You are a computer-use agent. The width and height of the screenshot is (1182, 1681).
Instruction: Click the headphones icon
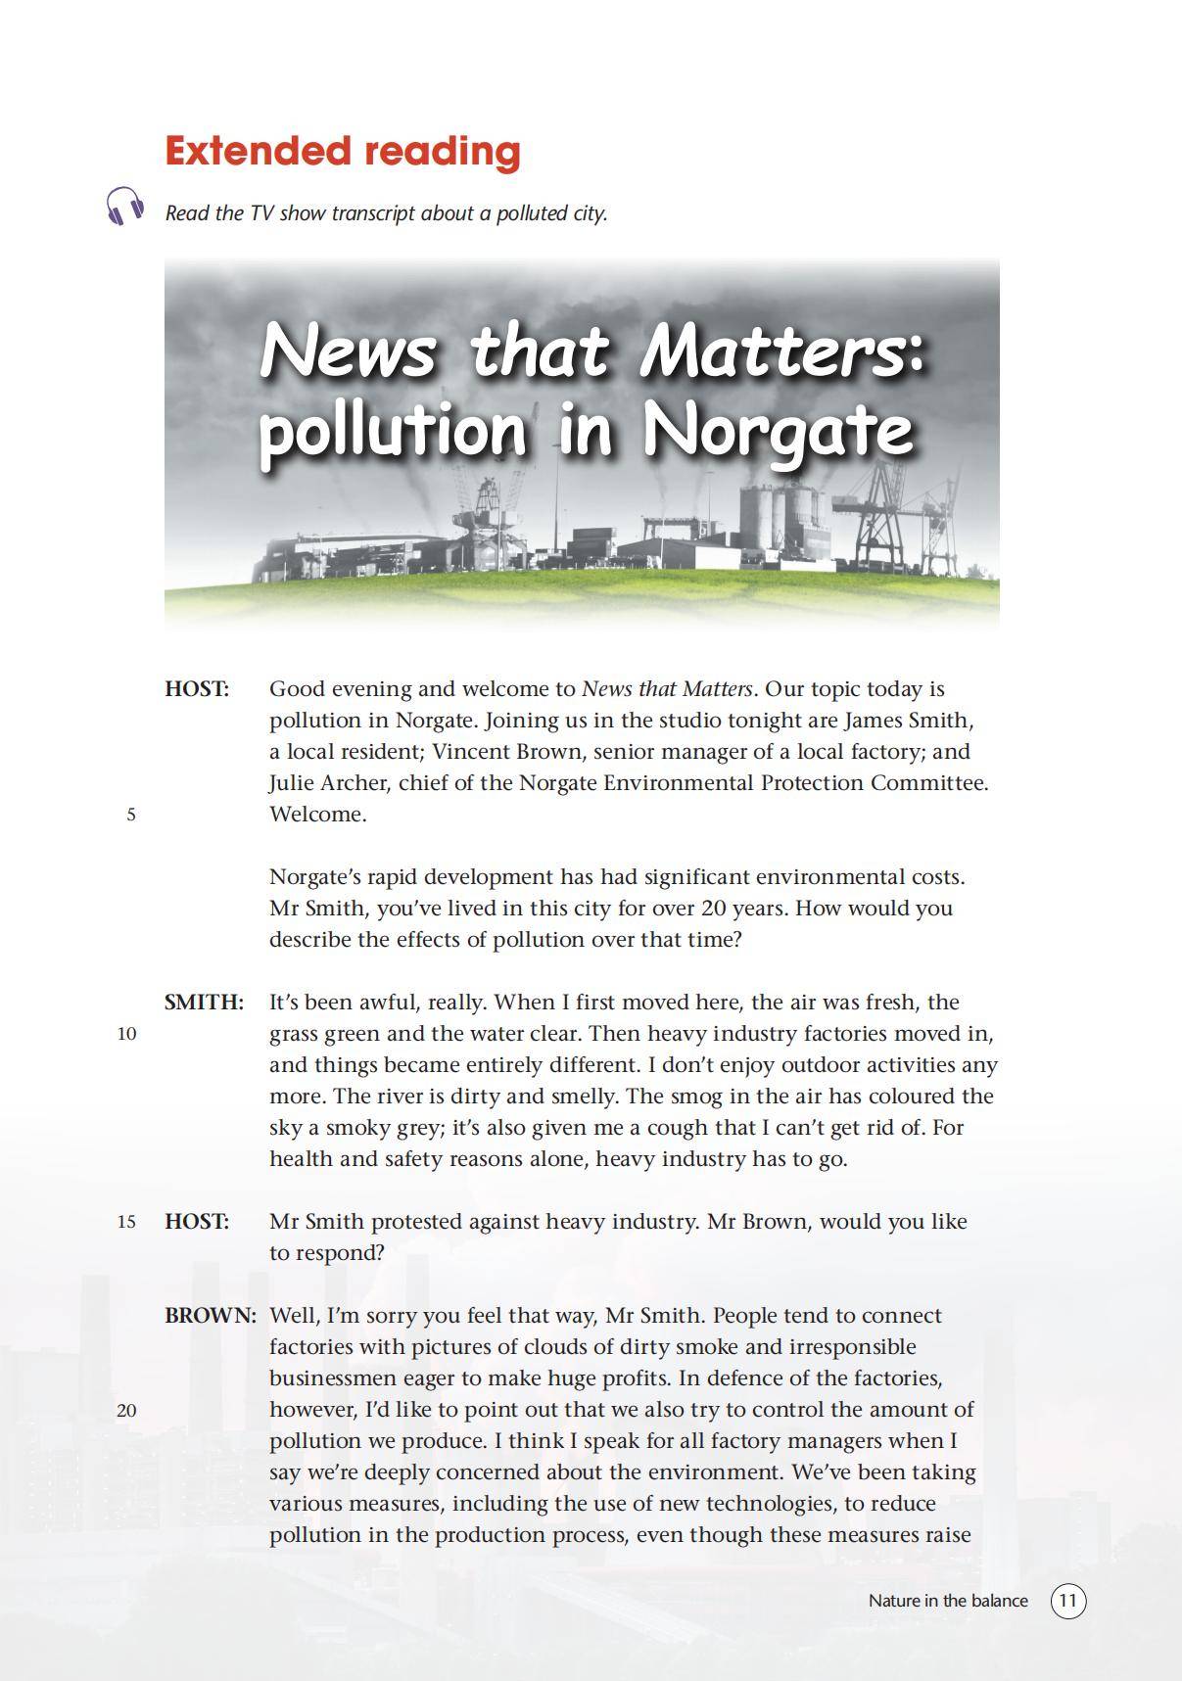tap(125, 207)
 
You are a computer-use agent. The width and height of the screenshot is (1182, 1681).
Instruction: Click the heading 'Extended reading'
tap(342, 151)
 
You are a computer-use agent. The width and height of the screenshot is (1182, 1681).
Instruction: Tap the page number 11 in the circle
tap(1068, 1601)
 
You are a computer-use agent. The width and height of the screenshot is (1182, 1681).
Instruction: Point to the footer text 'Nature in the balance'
tap(947, 1601)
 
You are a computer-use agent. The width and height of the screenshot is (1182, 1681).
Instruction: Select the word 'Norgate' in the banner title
tap(778, 431)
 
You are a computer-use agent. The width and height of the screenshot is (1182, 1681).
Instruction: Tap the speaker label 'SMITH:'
tap(204, 1003)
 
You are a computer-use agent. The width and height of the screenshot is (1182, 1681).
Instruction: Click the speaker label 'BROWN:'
tap(211, 1316)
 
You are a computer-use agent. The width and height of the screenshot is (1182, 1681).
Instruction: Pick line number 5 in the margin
tap(131, 815)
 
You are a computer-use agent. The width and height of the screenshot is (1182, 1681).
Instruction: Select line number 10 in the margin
tap(127, 1034)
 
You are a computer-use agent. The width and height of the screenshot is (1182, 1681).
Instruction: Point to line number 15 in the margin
tap(127, 1222)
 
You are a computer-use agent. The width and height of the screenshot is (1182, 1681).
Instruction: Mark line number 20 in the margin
tap(127, 1411)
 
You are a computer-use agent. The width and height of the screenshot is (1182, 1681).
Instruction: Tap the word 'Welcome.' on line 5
tap(318, 815)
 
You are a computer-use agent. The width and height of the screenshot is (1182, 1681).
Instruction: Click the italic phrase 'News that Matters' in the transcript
tap(667, 689)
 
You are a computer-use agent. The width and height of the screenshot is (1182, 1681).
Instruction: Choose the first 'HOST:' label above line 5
tap(197, 689)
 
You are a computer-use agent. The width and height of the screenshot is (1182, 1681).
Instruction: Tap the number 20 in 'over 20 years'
tap(714, 909)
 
